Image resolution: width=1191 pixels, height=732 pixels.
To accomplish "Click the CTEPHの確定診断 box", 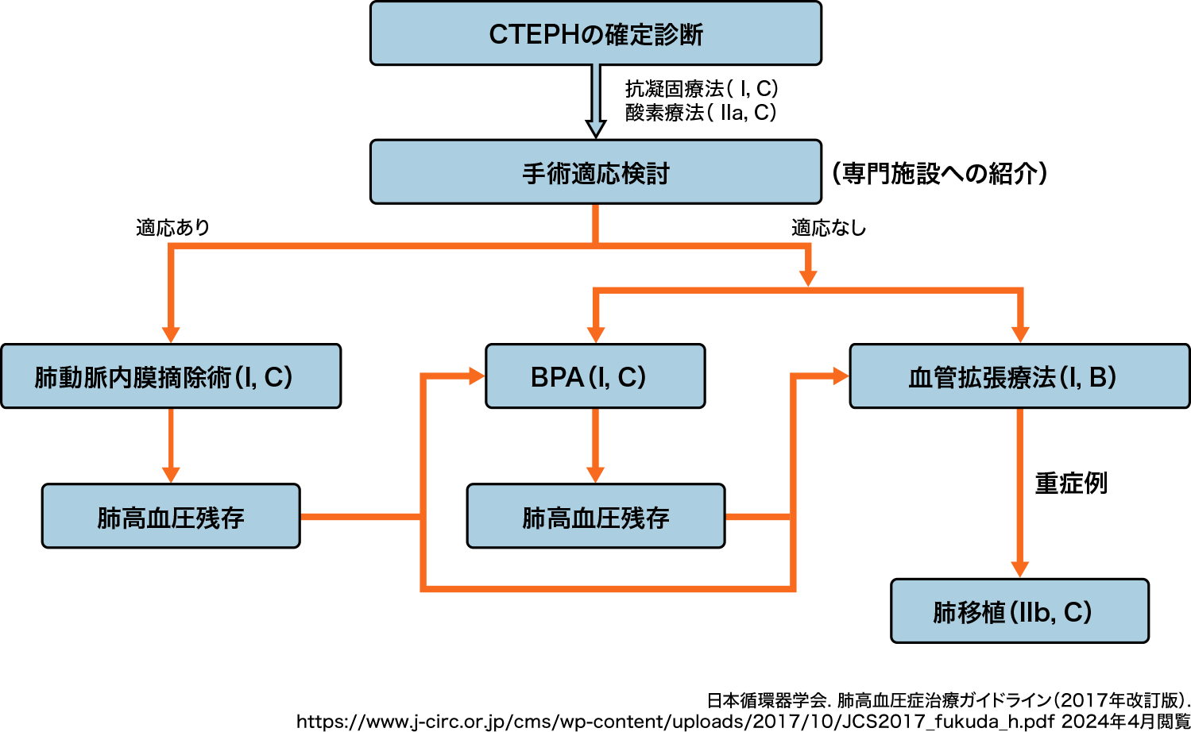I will coord(596,33).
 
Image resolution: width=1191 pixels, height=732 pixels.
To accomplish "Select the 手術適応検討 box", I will coord(596,172).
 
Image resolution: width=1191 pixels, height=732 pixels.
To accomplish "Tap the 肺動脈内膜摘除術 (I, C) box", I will coord(171,376).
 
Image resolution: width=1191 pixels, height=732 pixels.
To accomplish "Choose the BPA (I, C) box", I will coord(595,376).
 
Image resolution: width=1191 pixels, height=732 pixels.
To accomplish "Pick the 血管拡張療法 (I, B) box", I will coord(1019,376).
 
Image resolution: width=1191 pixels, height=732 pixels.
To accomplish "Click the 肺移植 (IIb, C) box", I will coord(1019,611).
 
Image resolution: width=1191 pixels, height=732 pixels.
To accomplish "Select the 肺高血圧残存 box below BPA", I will coord(596,516).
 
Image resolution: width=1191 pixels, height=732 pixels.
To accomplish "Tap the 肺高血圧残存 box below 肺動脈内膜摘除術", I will coord(171,516).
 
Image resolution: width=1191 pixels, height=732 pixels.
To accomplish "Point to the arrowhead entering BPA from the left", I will coord(477,376).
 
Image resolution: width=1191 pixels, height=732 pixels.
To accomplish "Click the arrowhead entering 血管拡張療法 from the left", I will coord(841,376).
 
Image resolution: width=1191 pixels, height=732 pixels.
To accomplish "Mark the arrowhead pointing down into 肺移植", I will coord(1019,569).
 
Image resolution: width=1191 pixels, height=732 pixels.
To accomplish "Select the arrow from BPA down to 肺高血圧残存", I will coord(595,445).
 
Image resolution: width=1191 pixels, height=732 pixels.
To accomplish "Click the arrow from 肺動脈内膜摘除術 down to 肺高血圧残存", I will coord(171,445).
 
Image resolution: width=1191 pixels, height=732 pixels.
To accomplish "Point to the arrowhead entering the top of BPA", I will coord(596,334).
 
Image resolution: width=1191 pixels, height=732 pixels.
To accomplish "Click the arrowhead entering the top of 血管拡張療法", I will coord(1020,334).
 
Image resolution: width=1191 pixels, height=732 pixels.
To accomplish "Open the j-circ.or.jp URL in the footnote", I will coord(676,722).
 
